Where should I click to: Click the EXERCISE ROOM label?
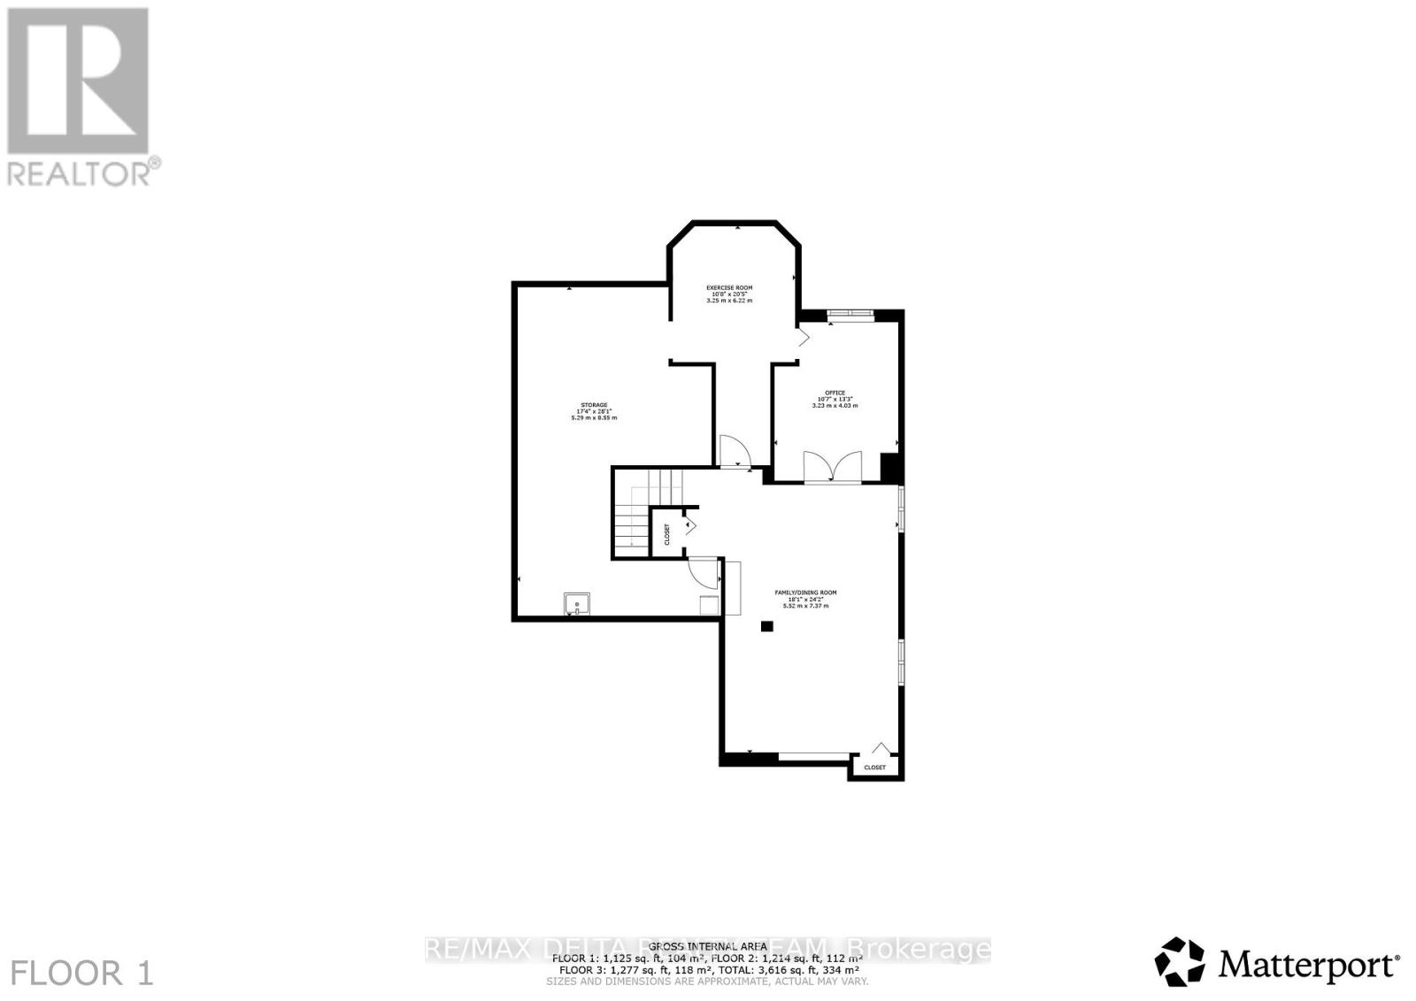tap(728, 287)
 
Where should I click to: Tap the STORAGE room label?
tap(594, 405)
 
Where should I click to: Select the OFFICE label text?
tap(835, 393)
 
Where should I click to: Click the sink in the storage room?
tap(576, 605)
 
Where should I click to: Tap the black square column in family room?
tap(766, 626)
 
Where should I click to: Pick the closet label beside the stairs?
tap(666, 533)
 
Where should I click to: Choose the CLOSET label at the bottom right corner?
tap(874, 768)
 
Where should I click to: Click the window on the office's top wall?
tap(850, 312)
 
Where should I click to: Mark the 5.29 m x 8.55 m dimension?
tap(594, 417)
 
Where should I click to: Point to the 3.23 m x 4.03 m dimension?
tap(835, 406)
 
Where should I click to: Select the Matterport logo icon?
tap(1180, 961)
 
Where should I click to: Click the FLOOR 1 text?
tap(83, 974)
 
